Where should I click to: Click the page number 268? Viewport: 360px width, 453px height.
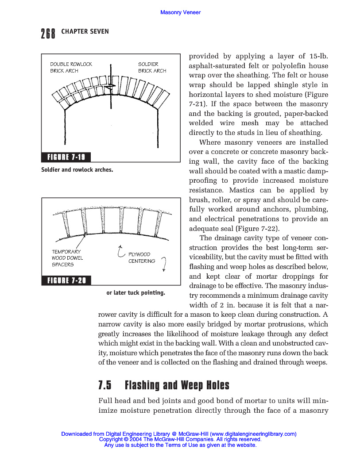(48, 33)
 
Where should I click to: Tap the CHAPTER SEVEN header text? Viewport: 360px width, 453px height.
(85, 31)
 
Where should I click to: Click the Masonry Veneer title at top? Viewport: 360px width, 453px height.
(180, 12)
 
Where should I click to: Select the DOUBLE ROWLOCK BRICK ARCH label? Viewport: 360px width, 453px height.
(71, 67)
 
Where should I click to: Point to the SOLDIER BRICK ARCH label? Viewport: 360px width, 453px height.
(152, 67)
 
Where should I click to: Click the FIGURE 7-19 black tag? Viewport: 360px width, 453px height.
(66, 157)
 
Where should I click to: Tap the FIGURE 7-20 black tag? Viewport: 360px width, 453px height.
(66, 280)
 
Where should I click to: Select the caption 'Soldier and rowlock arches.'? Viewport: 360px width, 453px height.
(77, 169)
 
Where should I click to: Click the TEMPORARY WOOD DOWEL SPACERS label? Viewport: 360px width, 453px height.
(67, 258)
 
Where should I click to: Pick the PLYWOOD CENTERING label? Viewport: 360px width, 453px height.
(141, 257)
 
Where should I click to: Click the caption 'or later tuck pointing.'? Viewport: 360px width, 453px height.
(135, 292)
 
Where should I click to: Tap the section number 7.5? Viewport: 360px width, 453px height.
(105, 385)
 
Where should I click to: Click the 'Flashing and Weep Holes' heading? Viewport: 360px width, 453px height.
(177, 385)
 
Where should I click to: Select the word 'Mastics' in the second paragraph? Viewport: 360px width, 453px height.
(246, 190)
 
